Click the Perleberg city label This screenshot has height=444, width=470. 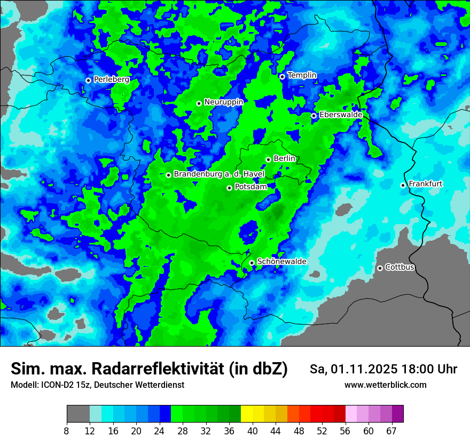click(x=111, y=80)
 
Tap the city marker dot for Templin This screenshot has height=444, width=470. click(x=282, y=76)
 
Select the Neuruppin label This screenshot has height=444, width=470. click(x=223, y=102)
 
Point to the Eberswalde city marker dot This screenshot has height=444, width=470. click(x=314, y=116)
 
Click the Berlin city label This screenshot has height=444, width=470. click(x=284, y=159)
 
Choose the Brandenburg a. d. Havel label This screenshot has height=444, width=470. click(x=219, y=174)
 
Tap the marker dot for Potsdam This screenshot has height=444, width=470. click(x=230, y=188)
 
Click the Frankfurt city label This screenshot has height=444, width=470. click(x=425, y=184)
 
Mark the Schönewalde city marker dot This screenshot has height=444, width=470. click(x=252, y=263)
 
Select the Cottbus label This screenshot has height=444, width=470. click(x=399, y=267)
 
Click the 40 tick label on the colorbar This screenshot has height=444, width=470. click(x=252, y=431)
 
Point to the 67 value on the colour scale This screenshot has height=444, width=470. click(x=391, y=431)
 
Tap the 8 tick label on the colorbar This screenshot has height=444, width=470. click(x=67, y=431)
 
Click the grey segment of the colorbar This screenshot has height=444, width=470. click(x=78, y=414)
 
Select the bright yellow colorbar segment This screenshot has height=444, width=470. click(x=246, y=414)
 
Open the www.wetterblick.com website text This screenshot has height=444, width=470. click(x=385, y=385)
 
